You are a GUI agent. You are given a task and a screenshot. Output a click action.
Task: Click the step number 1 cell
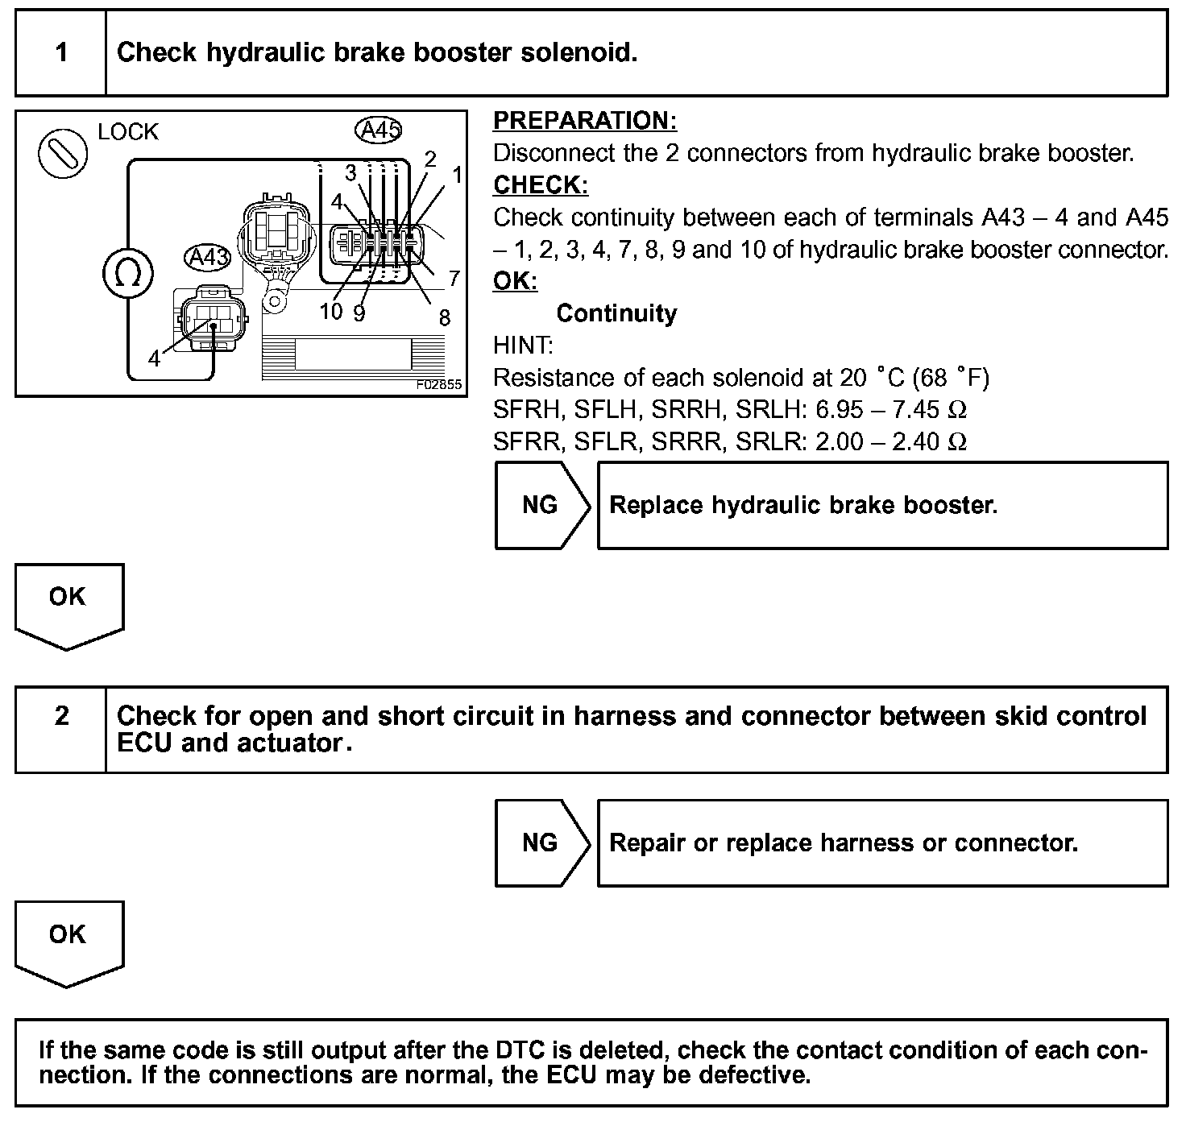[x=61, y=53]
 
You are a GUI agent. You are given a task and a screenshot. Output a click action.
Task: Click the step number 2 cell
[x=61, y=716]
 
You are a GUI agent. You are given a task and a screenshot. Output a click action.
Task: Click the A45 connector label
[x=378, y=130]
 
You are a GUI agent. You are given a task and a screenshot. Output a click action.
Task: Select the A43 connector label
[x=208, y=258]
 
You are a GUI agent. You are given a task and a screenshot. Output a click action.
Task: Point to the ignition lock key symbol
[x=63, y=152]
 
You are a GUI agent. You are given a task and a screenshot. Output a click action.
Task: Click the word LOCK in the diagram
[x=128, y=132]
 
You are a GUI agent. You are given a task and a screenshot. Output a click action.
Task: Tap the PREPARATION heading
[x=584, y=121]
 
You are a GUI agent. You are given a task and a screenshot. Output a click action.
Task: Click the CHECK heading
[x=541, y=185]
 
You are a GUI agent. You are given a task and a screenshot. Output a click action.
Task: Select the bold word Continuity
[x=616, y=313]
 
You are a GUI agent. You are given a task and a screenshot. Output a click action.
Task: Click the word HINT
[x=523, y=346]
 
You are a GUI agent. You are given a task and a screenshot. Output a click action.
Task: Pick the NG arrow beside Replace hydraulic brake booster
[x=541, y=505]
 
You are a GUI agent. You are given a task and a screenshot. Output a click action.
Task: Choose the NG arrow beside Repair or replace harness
[x=541, y=842]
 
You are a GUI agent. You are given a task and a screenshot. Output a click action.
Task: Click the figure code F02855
[x=439, y=385]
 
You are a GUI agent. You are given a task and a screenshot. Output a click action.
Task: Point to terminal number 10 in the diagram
[x=330, y=312]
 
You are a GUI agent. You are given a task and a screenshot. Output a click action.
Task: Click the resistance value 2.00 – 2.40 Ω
[x=890, y=442]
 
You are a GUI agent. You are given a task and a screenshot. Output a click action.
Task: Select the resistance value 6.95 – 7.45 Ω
[x=890, y=410]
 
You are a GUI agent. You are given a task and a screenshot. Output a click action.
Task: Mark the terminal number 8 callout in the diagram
[x=444, y=318]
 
